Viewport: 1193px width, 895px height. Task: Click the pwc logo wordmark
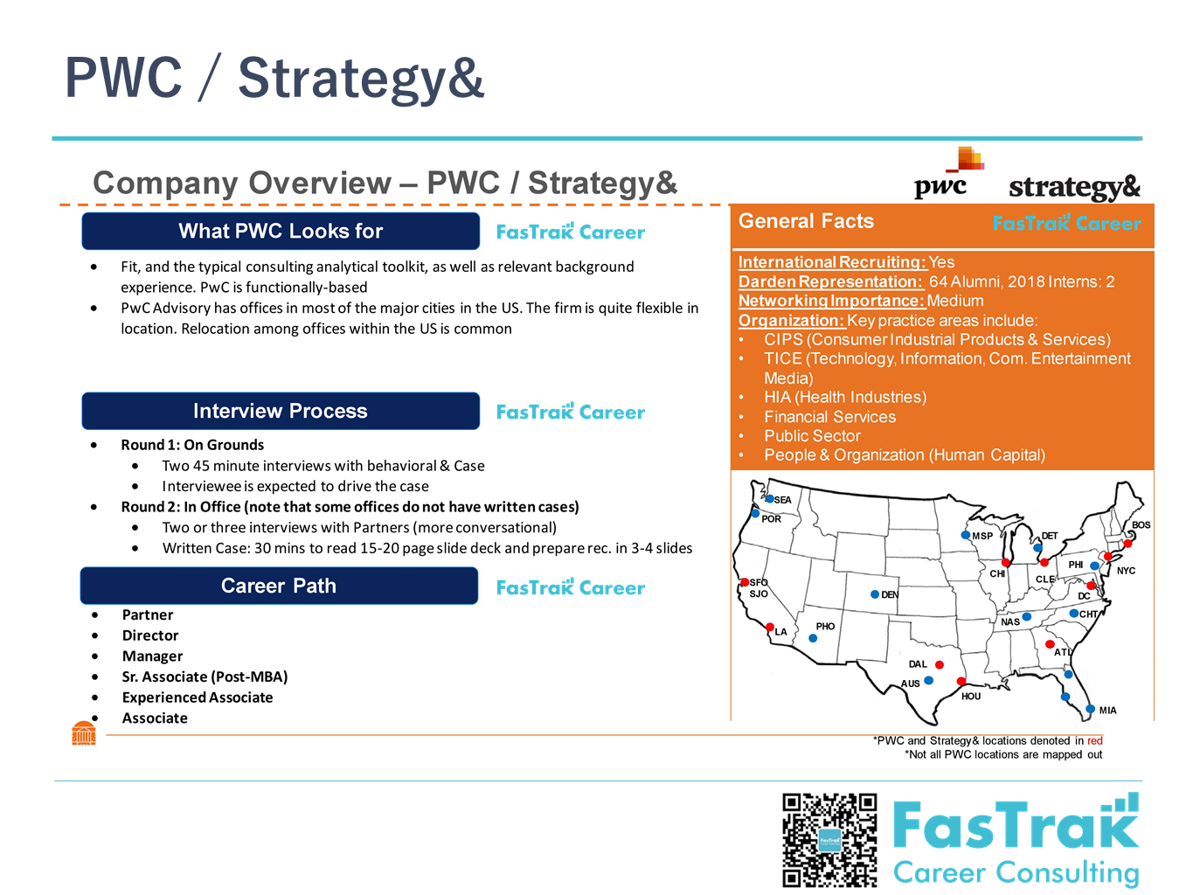point(940,186)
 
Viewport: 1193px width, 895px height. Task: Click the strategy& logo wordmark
point(1073,187)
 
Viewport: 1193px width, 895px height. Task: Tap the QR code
point(829,840)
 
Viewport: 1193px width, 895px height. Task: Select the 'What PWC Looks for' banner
point(281,231)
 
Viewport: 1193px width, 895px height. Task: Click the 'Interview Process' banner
point(281,411)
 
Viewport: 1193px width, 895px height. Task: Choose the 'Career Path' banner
point(279,586)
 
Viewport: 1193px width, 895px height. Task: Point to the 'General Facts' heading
point(806,221)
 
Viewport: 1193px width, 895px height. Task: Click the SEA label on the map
point(782,500)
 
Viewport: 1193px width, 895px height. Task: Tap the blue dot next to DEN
point(875,594)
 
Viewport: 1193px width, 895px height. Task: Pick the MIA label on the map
point(1107,711)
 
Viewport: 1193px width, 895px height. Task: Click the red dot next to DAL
point(940,664)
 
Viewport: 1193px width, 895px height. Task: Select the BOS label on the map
point(1141,525)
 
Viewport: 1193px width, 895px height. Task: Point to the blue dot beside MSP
point(965,535)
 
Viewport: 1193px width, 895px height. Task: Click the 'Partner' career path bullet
point(148,614)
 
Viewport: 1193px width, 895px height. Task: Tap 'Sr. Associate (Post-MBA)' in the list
point(205,676)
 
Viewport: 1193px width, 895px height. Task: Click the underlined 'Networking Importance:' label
point(831,301)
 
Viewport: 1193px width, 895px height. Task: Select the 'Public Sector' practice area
point(812,436)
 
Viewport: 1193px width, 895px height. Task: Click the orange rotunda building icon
point(84,732)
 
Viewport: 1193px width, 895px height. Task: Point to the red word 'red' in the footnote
point(1094,740)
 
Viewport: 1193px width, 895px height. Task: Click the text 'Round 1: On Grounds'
point(192,445)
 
